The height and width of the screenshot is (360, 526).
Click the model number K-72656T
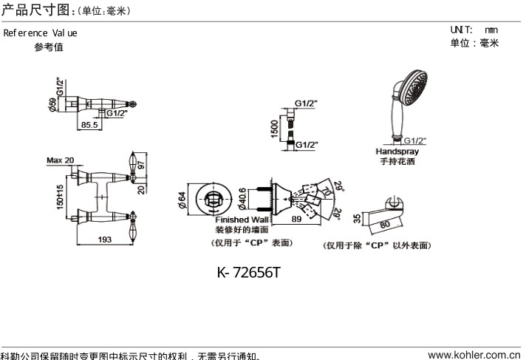[x=248, y=273]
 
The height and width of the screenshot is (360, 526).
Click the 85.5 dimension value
[x=89, y=126]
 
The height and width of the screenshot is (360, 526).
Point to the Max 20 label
[x=60, y=160]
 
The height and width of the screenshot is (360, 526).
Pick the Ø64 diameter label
[x=182, y=200]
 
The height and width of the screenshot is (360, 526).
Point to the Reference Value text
[x=40, y=33]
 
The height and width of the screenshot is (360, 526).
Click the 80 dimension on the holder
[x=384, y=223]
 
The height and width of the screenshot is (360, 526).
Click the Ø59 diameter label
[x=52, y=105]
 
